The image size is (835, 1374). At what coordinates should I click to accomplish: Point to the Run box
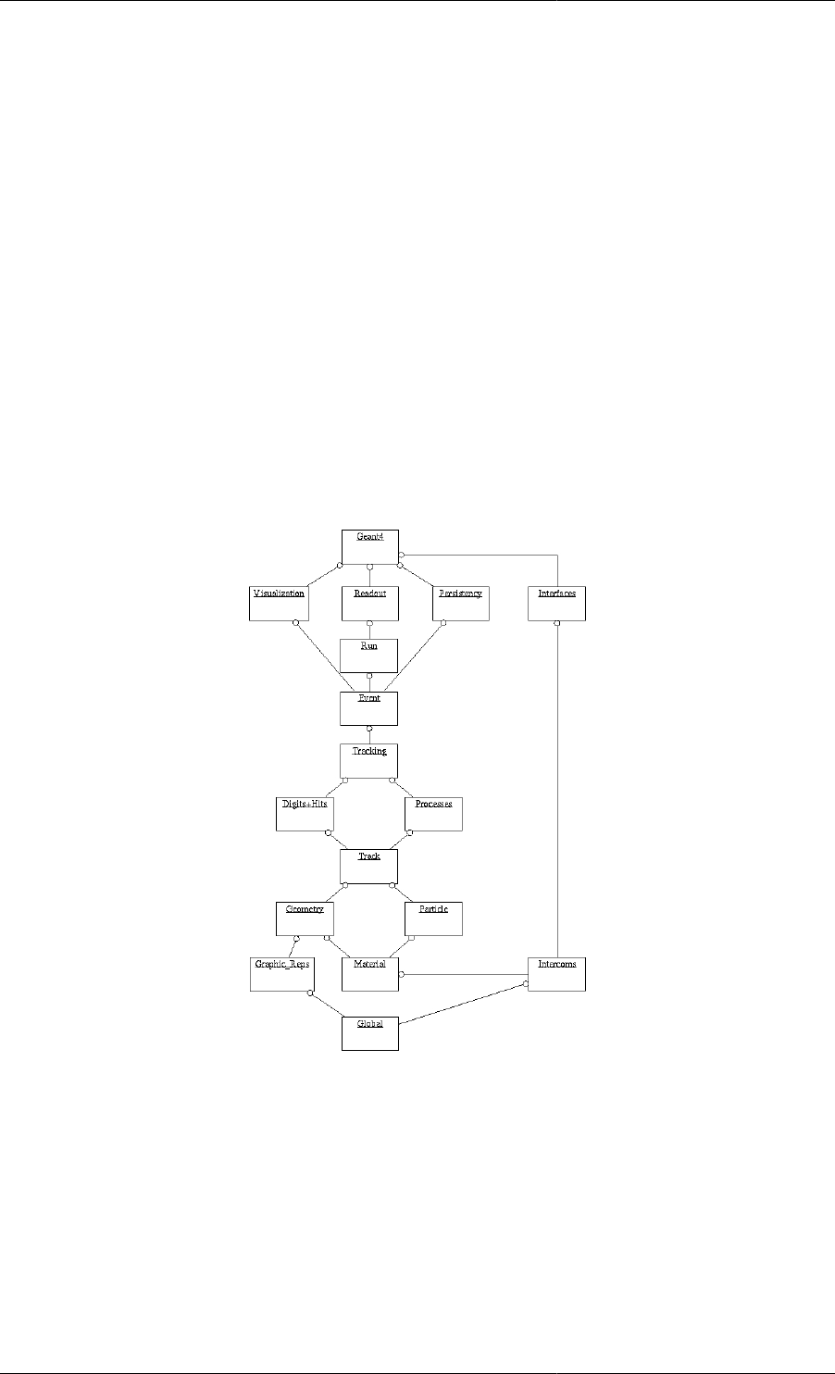[x=369, y=655]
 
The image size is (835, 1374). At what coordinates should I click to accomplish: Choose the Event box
[x=369, y=707]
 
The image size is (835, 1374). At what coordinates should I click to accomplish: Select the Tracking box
[x=369, y=760]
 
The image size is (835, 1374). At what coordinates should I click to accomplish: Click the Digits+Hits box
[x=305, y=813]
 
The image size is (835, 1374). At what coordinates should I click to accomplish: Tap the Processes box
[x=433, y=813]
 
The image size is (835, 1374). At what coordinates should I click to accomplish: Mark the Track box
[x=369, y=866]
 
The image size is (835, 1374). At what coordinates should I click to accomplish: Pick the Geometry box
[x=305, y=918]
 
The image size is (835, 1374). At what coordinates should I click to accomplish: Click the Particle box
[x=433, y=918]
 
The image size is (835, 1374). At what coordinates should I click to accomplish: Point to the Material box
[x=369, y=973]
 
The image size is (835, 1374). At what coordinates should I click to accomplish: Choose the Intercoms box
[x=556, y=973]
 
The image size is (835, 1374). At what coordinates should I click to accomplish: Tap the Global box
[x=369, y=1032]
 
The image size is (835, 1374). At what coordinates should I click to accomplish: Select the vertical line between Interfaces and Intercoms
[x=556, y=787]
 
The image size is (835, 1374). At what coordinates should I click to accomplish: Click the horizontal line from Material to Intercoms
[x=463, y=974]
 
